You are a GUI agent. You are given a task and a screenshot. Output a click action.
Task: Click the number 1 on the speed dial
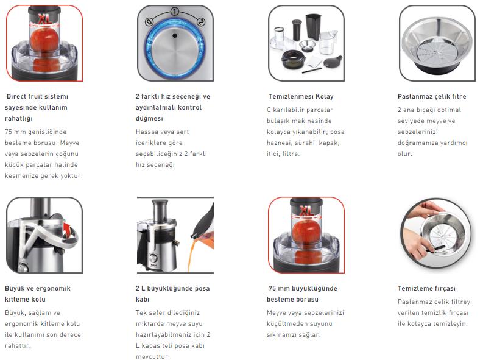click(174, 12)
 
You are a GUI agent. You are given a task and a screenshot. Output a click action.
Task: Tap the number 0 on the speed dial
click(149, 22)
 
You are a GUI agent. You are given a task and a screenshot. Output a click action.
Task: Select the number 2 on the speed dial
click(200, 22)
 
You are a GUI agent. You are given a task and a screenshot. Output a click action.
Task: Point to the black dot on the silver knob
click(175, 36)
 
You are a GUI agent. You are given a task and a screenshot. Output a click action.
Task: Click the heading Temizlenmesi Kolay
click(301, 96)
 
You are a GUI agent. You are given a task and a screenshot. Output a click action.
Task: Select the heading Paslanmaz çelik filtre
click(432, 96)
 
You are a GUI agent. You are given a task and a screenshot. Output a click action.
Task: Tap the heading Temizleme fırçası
click(426, 288)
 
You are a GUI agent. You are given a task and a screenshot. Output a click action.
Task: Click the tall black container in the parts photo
click(313, 27)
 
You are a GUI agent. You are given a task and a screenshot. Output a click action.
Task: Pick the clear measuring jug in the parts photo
click(328, 42)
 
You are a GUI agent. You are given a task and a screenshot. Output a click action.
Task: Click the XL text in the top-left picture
click(45, 19)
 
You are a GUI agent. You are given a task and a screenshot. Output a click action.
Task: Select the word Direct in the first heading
click(16, 96)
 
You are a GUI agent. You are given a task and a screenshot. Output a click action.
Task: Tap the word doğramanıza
click(416, 143)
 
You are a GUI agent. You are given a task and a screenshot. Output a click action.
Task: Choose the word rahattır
click(18, 345)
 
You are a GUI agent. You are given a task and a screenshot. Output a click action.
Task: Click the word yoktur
click(72, 176)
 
